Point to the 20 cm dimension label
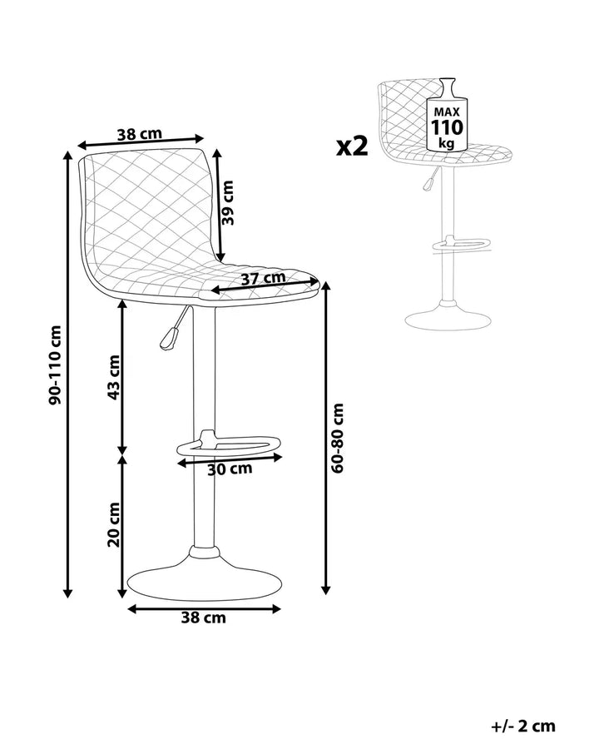tap(113, 524)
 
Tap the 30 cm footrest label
tap(230, 469)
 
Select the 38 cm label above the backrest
tap(139, 133)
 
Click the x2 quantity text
tap(352, 146)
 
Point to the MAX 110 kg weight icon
tap(447, 117)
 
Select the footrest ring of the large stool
tap(230, 447)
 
